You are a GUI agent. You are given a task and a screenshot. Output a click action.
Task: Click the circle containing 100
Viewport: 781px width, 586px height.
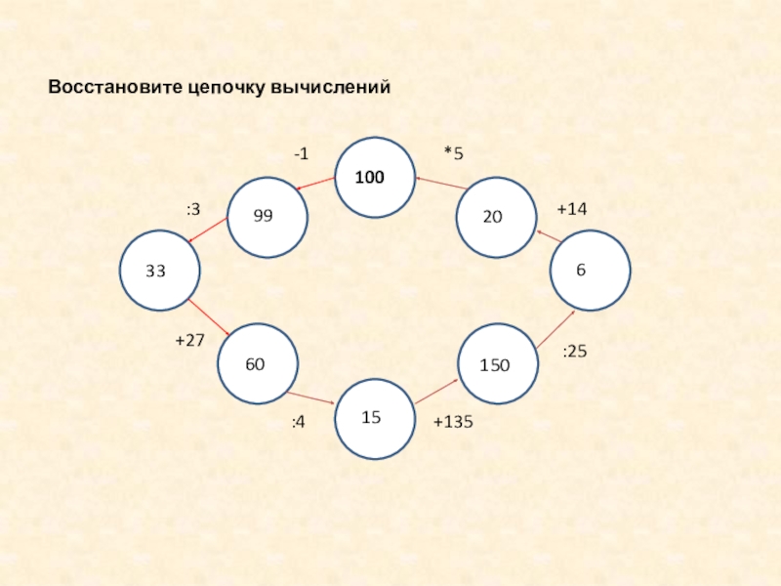[x=375, y=177]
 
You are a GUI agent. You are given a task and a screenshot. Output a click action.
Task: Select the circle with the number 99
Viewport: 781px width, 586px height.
[x=267, y=216]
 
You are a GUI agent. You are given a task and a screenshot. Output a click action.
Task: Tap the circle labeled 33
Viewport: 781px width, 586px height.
[x=158, y=271]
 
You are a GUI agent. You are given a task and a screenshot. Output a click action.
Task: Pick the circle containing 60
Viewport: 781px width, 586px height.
[x=257, y=364]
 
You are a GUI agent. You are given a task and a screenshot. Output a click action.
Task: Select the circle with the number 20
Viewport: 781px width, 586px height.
[x=497, y=217]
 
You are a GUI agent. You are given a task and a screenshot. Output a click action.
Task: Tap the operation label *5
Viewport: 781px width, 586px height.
[x=453, y=153]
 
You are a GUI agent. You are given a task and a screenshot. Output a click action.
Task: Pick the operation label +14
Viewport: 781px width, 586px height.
[x=573, y=209]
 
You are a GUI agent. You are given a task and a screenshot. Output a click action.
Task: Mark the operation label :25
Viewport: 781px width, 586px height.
[x=575, y=350]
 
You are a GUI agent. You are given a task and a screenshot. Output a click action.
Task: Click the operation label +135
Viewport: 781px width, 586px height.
[x=453, y=422]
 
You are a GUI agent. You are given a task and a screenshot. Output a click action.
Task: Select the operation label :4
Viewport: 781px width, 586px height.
[x=299, y=422]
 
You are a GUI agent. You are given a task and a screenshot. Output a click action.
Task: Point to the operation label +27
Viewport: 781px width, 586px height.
[x=188, y=340]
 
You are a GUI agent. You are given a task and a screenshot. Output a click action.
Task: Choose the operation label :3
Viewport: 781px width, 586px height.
[x=193, y=209]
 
